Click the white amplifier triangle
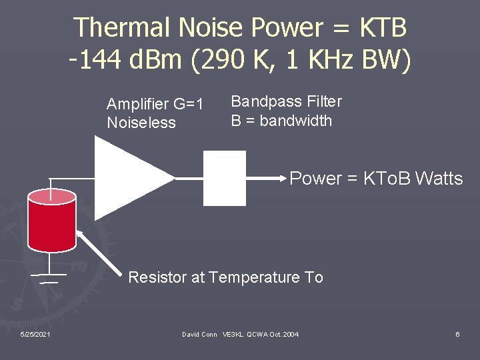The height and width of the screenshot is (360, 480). pyautogui.click(x=127, y=177)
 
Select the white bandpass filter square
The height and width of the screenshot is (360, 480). pyautogui.click(x=224, y=177)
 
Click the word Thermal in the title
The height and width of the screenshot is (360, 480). pyautogui.click(x=121, y=28)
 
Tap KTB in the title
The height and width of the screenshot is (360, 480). pyautogui.click(x=383, y=28)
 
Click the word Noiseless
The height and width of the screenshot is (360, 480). pyautogui.click(x=141, y=123)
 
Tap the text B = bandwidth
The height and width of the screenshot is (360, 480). pyautogui.click(x=281, y=121)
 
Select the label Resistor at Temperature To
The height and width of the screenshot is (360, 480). pyautogui.click(x=225, y=277)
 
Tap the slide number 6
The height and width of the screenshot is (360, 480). pyautogui.click(x=457, y=334)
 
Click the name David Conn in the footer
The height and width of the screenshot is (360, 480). pyautogui.click(x=200, y=334)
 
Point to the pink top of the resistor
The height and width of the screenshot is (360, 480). pyautogui.click(x=52, y=196)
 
